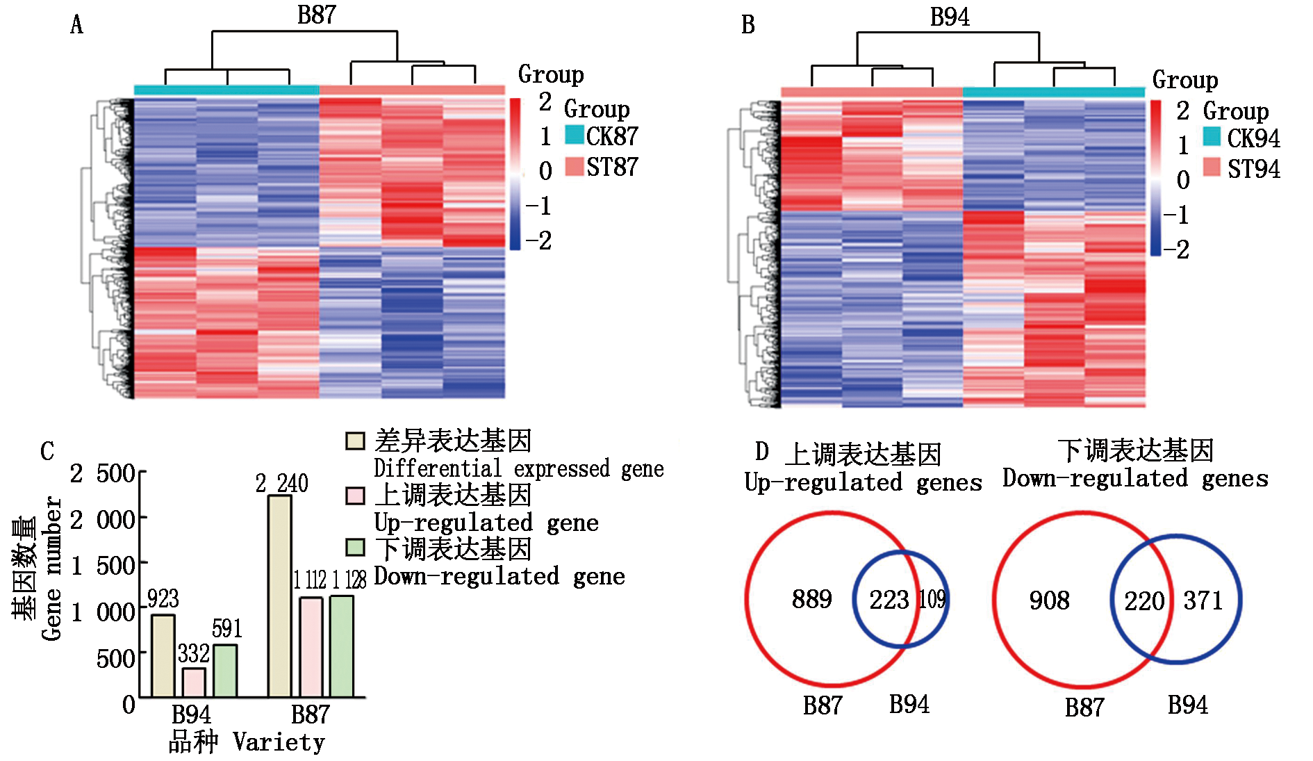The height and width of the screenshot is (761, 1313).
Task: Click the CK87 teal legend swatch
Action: pyautogui.click(x=574, y=135)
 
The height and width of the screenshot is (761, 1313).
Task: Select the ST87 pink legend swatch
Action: pyautogui.click(x=574, y=166)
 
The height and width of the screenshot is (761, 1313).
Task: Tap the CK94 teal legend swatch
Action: pyautogui.click(x=1212, y=137)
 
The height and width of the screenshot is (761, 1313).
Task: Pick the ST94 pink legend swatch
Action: pyautogui.click(x=1212, y=167)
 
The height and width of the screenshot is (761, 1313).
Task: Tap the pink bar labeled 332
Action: pyautogui.click(x=194, y=682)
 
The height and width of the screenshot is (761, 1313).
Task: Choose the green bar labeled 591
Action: pyautogui.click(x=225, y=671)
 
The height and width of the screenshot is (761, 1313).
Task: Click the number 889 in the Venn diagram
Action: pyautogui.click(x=811, y=599)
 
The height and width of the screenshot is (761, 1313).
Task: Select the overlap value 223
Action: pyautogui.click(x=889, y=600)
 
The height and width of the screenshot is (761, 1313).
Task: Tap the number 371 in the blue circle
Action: pyautogui.click(x=1203, y=600)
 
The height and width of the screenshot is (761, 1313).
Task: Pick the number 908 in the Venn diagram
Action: pyautogui.click(x=1049, y=600)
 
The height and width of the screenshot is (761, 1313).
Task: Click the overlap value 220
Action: pyautogui.click(x=1143, y=601)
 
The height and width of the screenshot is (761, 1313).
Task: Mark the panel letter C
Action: pyautogui.click(x=47, y=451)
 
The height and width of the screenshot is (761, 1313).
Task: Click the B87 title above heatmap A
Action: pyautogui.click(x=316, y=15)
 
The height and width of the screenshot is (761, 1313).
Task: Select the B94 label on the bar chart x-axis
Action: pyautogui.click(x=191, y=714)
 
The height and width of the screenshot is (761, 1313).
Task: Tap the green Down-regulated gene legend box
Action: pyautogui.click(x=355, y=548)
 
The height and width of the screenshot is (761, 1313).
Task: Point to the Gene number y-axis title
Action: pyautogui.click(x=51, y=568)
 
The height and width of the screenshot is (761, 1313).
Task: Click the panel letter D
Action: pyautogui.click(x=762, y=452)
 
